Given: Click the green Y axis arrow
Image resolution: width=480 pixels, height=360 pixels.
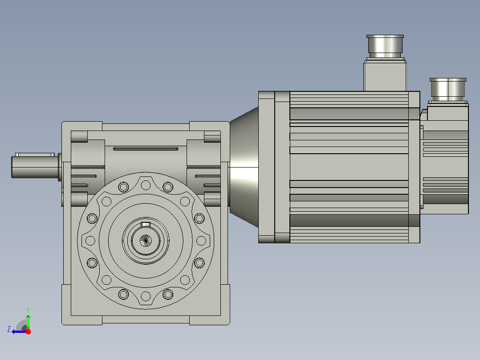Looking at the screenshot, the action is pyautogui.click(x=28, y=322).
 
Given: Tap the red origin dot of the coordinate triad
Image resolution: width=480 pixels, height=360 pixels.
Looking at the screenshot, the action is pyautogui.click(x=28, y=331).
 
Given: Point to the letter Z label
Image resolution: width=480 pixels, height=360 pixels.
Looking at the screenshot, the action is pyautogui.click(x=9, y=329).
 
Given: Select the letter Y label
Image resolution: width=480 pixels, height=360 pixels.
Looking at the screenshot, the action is pyautogui.click(x=28, y=310).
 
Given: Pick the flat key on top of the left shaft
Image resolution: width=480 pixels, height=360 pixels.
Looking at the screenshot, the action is pyautogui.click(x=35, y=155).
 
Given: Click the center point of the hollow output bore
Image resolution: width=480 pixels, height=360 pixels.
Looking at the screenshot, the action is pyautogui.click(x=146, y=241).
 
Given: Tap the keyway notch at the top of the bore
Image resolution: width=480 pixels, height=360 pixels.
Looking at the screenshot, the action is pyautogui.click(x=146, y=225).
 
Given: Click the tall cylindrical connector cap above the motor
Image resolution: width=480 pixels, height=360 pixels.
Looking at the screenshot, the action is pyautogui.click(x=385, y=46).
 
